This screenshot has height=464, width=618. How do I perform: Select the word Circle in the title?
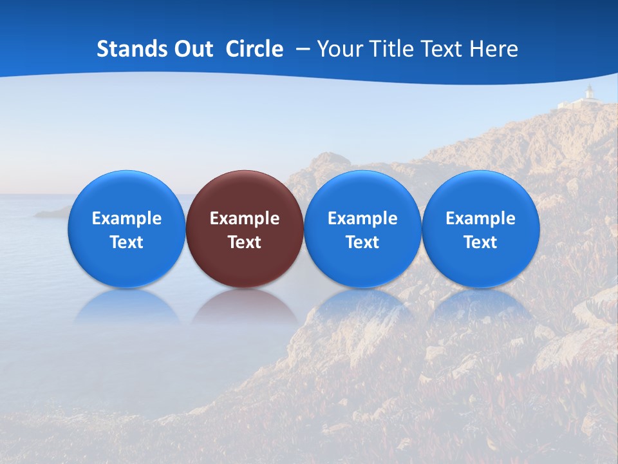pyautogui.click(x=254, y=49)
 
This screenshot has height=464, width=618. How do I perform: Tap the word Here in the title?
pyautogui.click(x=494, y=49)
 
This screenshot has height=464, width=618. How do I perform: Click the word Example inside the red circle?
pyautogui.click(x=245, y=218)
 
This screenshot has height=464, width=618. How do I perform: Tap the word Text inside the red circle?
pyautogui.click(x=245, y=242)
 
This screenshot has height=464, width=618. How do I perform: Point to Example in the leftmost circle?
pyautogui.click(x=127, y=218)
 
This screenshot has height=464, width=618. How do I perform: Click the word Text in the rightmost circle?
pyautogui.click(x=481, y=242)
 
